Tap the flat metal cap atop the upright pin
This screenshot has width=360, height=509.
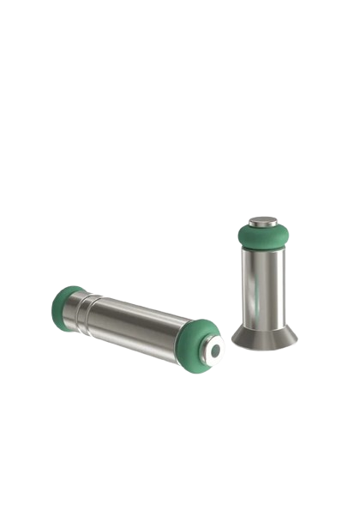click(265, 221)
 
